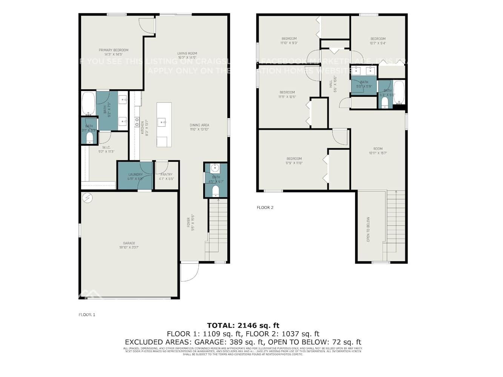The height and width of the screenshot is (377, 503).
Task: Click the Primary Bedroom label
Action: tap(113, 52)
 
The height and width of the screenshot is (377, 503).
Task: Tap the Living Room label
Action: tap(187, 55)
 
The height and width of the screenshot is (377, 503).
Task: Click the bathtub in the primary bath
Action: tap(89, 103)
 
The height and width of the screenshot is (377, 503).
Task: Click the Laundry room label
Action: tap(135, 176)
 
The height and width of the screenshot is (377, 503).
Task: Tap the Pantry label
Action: tap(166, 176)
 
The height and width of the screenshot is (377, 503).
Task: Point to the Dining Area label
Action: tap(199, 127)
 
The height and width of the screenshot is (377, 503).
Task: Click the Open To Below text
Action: tap(368, 229)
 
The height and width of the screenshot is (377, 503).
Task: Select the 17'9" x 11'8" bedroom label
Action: tap(294, 161)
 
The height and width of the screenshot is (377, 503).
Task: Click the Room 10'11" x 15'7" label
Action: tap(378, 151)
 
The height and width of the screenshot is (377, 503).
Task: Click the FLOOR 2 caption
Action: tap(265, 207)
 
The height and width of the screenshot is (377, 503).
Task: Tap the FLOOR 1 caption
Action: tap(87, 314)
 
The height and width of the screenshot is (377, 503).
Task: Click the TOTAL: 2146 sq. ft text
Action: tap(243, 325)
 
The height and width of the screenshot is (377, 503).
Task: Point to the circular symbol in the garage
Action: tap(87, 197)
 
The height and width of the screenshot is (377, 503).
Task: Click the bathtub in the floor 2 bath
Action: tap(399, 92)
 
